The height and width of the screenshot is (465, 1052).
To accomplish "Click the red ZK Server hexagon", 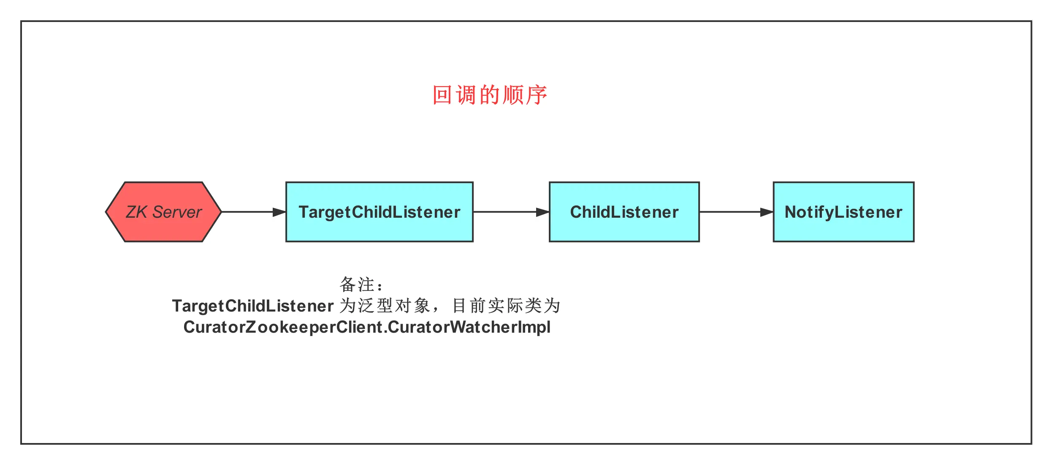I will pos(163,212).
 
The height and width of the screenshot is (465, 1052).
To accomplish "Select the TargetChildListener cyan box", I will pos(379,212).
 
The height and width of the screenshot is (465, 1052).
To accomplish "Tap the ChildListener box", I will pos(624,212).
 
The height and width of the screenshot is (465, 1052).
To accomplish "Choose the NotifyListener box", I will pos(843,212).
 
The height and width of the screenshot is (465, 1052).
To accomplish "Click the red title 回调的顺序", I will pos(490,95).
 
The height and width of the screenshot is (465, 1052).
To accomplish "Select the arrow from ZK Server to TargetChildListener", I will pos(249,212).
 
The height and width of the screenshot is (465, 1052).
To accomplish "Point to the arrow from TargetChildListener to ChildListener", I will pos(507,212).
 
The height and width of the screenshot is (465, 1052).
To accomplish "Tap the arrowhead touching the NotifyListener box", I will pos(766,212).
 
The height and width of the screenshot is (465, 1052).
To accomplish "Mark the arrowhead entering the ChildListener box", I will pos(542,212).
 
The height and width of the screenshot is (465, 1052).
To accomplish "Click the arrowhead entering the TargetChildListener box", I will pos(279,212).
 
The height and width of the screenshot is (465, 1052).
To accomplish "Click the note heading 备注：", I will pos(361,285).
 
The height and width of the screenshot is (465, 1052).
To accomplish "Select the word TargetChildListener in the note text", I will pos(252,306).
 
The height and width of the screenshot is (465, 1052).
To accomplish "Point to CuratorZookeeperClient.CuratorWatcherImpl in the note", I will pos(366,327).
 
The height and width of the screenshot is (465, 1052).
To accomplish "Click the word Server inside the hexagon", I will pos(177,212).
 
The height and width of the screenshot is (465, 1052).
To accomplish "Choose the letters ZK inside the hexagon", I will pos(136,212).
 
